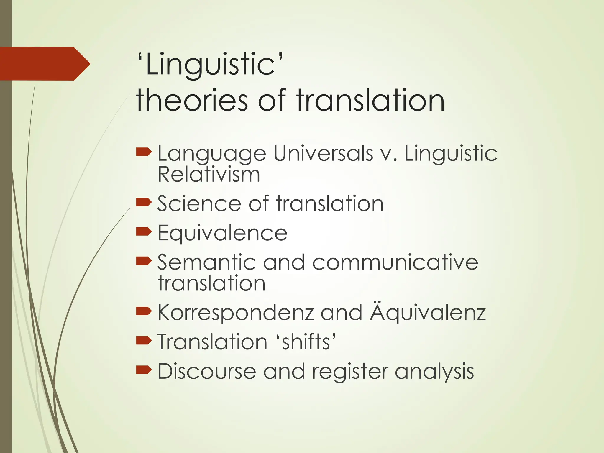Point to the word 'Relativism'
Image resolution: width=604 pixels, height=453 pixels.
pyautogui.click(x=209, y=175)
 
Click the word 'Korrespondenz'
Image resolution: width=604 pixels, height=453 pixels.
pyautogui.click(x=235, y=313)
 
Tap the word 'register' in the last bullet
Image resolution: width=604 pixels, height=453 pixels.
pyautogui.click(x=350, y=372)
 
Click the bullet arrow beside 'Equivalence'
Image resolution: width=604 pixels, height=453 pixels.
pyautogui.click(x=144, y=232)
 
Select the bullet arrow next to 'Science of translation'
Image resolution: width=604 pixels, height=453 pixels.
pyautogui.click(x=144, y=202)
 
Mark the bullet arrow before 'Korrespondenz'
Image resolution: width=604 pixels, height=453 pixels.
pyautogui.click(x=144, y=311)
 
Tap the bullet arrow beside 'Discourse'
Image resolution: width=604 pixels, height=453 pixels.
pyautogui.click(x=144, y=370)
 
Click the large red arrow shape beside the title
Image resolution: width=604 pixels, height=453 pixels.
pyautogui.click(x=44, y=64)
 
